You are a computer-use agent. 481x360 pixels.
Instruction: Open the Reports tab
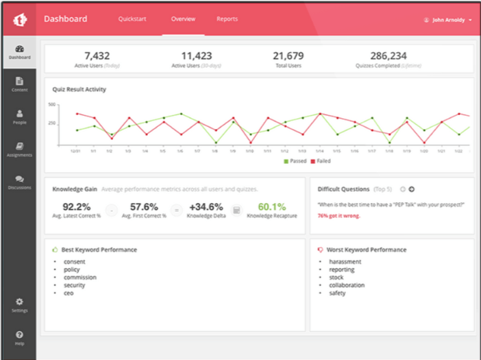[x=227, y=19]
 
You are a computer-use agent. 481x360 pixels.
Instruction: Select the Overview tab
[x=184, y=19]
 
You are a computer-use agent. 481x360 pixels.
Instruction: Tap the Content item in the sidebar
[x=19, y=84]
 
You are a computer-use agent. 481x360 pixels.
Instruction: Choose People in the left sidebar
[x=19, y=117]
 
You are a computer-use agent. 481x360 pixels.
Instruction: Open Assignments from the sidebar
[x=19, y=149]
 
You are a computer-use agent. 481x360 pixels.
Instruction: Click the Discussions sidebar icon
[x=19, y=179]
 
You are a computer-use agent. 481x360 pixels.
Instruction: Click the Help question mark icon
[x=19, y=335]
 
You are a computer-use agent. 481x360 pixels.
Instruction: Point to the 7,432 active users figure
[x=97, y=56]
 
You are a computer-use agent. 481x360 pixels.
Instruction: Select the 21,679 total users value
[x=288, y=56]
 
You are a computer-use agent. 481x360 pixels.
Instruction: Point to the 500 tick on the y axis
[x=51, y=104]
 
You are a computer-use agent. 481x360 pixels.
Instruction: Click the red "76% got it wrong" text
[x=338, y=215]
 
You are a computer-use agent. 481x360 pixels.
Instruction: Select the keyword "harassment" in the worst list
[x=345, y=262]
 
